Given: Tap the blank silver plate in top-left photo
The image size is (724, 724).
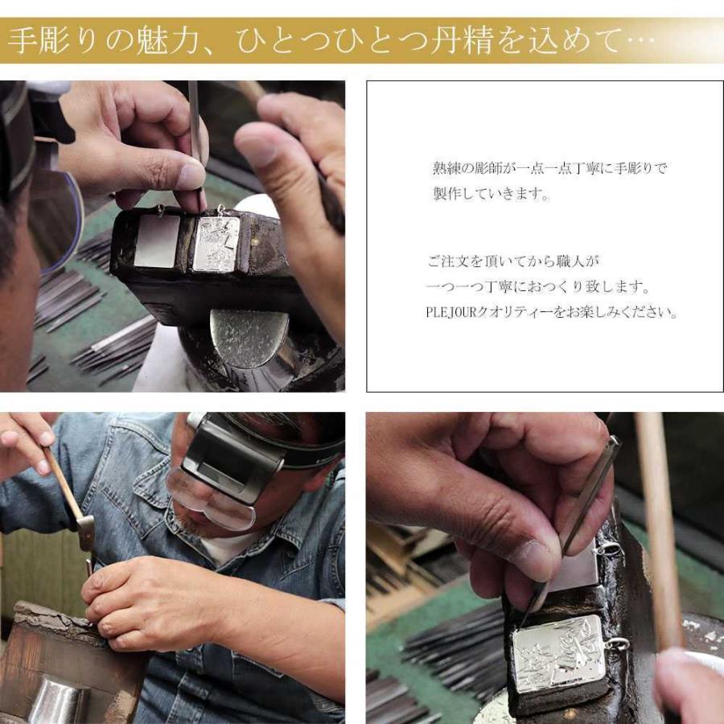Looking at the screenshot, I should tap(156, 241).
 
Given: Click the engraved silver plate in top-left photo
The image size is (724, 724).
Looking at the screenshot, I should tap(216, 244).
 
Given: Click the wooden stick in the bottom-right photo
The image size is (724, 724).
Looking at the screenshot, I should tap(658, 523).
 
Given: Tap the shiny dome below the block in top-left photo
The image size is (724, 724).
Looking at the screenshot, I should tap(249, 337).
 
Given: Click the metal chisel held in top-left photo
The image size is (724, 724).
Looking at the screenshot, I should tap(195, 129).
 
